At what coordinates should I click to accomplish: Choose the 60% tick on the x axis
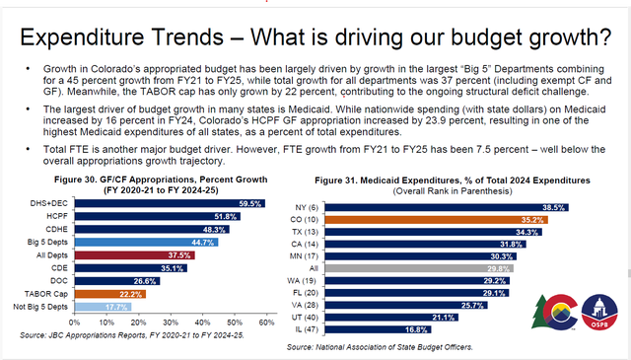(264, 323)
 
